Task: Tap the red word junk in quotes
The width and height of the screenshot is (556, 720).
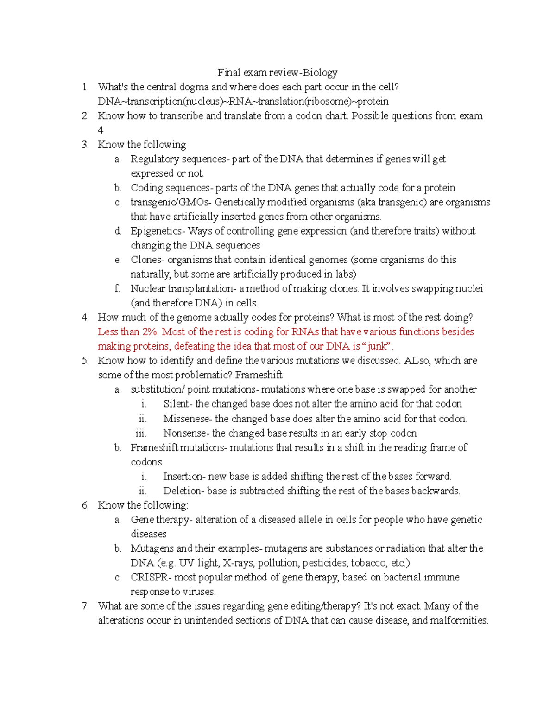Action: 377,346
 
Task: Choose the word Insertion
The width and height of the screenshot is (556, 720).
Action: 183,477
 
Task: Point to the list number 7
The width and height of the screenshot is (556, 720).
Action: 85,606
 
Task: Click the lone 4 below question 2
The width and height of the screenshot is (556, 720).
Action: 101,130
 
